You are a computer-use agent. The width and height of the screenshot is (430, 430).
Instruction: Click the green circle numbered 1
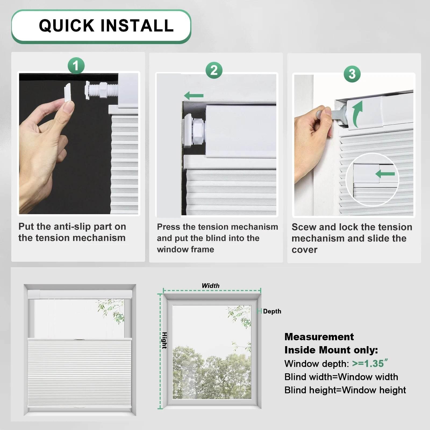tap(76, 66)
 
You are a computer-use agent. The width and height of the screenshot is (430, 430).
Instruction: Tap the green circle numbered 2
tap(214, 70)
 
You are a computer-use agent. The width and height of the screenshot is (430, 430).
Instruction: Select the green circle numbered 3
tap(352, 74)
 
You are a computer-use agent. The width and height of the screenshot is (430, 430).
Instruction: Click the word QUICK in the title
tap(66, 26)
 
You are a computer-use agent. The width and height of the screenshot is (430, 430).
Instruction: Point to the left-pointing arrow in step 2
tap(194, 95)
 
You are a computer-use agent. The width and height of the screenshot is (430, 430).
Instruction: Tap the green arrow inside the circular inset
tap(385, 174)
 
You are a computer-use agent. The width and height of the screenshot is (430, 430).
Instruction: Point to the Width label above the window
tap(210, 286)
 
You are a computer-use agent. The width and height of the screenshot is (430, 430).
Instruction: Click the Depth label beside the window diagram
tap(272, 311)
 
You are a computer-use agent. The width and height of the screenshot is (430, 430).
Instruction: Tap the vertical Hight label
tap(164, 341)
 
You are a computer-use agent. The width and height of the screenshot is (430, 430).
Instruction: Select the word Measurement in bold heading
tap(319, 337)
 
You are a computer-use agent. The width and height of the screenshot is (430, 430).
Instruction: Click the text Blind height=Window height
tap(345, 390)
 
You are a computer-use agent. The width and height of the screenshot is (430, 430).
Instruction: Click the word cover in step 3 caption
tap(304, 250)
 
